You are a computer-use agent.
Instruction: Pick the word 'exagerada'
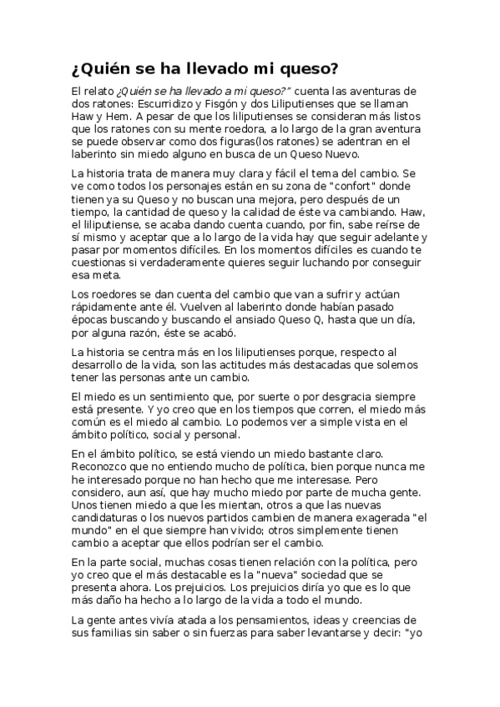click(356, 514)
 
